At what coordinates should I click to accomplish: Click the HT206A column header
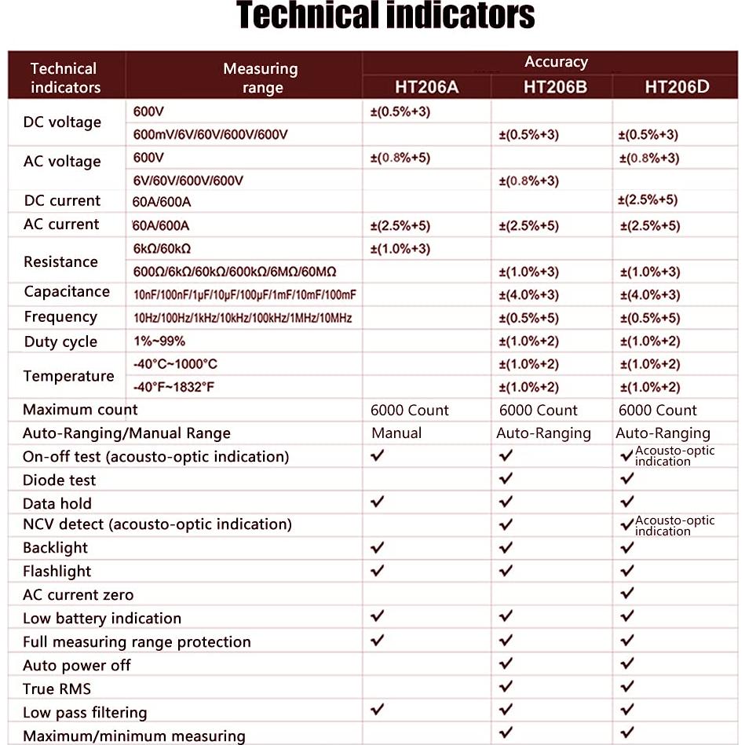426,86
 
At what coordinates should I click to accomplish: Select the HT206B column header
555,86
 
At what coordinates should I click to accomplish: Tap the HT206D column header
677,86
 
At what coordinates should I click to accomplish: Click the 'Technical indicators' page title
385,16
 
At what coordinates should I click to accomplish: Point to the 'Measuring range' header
261,78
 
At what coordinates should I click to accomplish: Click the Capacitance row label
67,292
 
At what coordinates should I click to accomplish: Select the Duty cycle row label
60,341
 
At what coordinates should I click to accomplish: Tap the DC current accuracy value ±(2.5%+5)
648,200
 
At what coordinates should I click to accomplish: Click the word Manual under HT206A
396,433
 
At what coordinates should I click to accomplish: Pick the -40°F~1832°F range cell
174,387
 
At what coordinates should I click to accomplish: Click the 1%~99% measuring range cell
159,341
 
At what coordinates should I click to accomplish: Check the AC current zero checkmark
626,593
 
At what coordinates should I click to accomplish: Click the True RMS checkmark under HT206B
506,687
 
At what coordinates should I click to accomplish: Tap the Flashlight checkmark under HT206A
378,570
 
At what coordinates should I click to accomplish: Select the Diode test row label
59,480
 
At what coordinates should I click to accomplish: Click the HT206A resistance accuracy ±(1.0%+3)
400,250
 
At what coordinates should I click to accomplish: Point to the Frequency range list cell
243,318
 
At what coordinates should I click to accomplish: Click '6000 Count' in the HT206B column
539,411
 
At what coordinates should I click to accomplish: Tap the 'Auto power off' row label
76,666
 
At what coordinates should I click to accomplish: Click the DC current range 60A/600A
162,202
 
